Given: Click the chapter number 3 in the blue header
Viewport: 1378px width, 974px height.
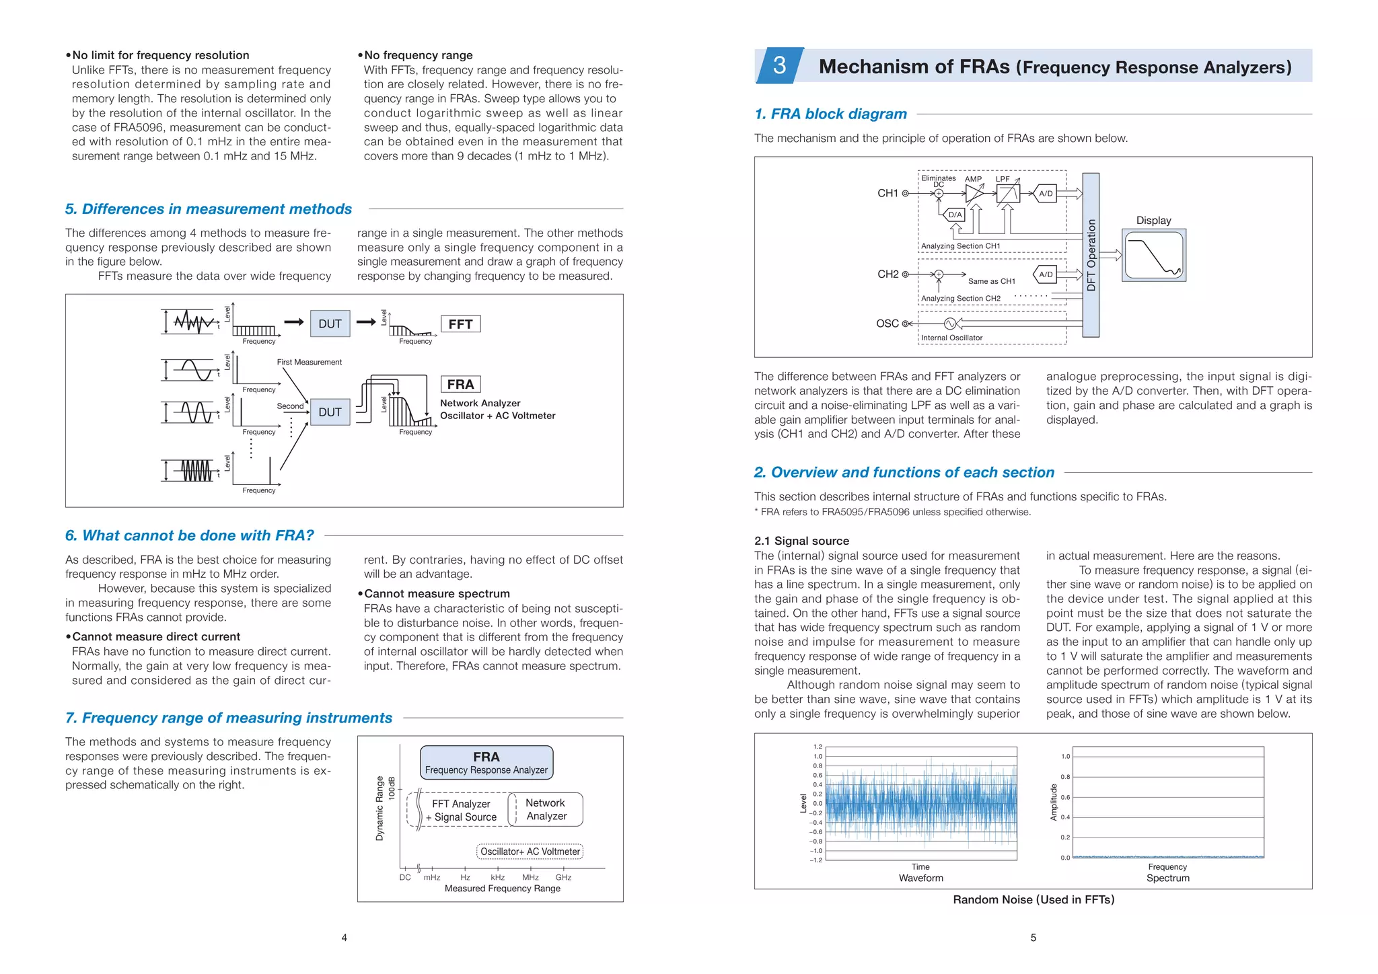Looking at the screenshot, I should (779, 65).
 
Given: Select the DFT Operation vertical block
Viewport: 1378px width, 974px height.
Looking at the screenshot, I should (1091, 255).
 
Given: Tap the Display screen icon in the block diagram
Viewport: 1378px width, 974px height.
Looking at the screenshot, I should (1153, 255).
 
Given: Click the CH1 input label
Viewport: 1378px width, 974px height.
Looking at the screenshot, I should (887, 193).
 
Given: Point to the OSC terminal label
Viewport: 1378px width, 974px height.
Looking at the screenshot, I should (887, 324).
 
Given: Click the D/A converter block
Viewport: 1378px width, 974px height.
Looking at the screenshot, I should (955, 215).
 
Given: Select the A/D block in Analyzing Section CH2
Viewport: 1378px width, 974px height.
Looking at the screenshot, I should (1046, 274).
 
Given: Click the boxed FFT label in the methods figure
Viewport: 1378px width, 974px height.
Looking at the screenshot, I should (460, 324).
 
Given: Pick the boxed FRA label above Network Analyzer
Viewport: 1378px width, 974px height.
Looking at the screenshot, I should (460, 384).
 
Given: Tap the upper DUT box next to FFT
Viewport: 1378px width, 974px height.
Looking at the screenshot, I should (330, 324).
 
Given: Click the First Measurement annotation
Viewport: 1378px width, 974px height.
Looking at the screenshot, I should (309, 362).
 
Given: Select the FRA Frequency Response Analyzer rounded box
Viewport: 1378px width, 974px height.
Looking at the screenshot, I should (486, 763).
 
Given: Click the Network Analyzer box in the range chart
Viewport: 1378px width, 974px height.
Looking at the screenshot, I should (546, 809).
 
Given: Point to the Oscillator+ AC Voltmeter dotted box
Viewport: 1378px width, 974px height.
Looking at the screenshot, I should (530, 852).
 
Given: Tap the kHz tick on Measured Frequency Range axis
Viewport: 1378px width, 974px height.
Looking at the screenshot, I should (497, 877).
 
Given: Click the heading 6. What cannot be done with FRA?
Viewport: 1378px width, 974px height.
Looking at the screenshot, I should (190, 535).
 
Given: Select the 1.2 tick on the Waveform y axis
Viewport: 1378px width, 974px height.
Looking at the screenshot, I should (818, 747).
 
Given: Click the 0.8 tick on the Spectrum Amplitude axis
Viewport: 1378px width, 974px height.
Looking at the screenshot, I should (1065, 777).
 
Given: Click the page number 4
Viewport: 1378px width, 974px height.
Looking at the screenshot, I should (344, 938).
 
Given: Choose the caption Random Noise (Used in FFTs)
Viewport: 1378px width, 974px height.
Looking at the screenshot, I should (1033, 899).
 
